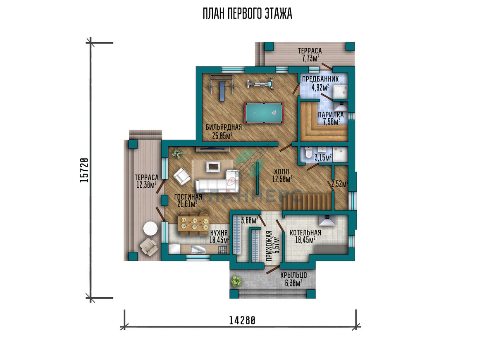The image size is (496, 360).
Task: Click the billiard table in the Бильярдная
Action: [x=264, y=113]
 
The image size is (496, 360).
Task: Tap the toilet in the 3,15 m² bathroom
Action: [x=308, y=153]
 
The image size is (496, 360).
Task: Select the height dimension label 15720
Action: [x=84, y=170]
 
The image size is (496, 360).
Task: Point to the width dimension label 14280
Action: [x=242, y=320]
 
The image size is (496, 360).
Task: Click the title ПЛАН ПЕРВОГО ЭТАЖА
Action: [x=248, y=14]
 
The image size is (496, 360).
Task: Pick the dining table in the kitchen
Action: [x=193, y=223]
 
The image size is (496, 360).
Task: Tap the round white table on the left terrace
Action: [x=150, y=228]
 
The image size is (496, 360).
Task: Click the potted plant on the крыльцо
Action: [x=236, y=281]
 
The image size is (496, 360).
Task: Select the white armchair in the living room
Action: [x=182, y=176]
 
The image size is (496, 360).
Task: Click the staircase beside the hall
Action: [x=308, y=202]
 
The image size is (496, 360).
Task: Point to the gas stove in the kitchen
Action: [x=222, y=250]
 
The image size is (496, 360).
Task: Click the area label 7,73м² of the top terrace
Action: [x=311, y=58]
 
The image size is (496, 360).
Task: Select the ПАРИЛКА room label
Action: [x=331, y=114]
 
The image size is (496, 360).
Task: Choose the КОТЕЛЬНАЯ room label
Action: [x=305, y=232]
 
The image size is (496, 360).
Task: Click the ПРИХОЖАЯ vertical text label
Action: [x=269, y=246]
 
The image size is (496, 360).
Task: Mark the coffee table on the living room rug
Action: [x=213, y=167]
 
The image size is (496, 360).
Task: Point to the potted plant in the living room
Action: [x=178, y=153]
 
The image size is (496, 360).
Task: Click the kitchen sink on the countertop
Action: [x=198, y=249]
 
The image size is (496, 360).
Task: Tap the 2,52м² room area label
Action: [x=340, y=184]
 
